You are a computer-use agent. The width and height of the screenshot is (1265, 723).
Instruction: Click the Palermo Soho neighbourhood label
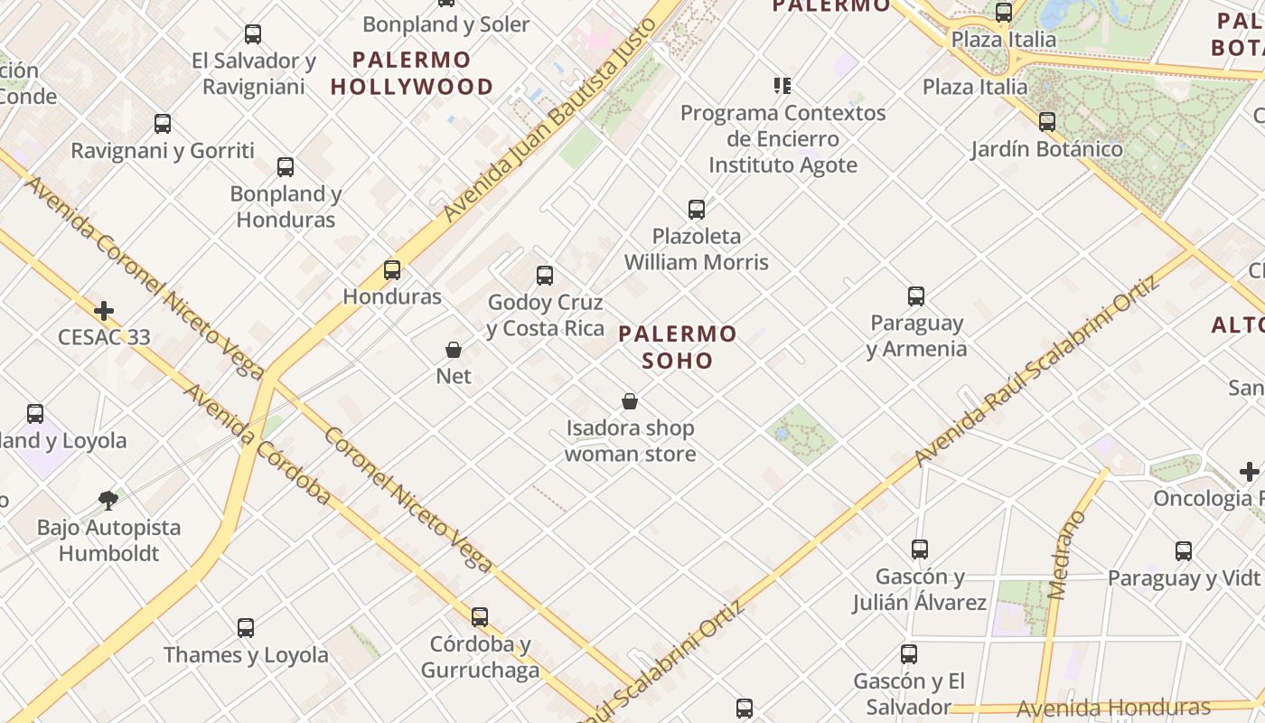click(678, 347)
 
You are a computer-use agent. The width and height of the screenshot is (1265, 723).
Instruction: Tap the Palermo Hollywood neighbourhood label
click(412, 73)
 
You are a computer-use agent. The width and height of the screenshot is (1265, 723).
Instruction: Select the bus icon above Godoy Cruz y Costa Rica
click(544, 276)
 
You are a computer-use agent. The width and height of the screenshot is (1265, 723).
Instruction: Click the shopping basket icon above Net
click(454, 350)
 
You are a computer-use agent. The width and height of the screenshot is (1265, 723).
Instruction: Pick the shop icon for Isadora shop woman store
click(630, 401)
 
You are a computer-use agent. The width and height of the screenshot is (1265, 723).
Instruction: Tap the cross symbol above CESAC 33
click(104, 312)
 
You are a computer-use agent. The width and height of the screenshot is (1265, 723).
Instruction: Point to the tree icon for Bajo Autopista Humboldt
click(108, 500)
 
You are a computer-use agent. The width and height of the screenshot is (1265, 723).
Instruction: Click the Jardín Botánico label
click(1046, 149)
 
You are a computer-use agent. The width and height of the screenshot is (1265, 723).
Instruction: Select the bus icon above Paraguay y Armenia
click(916, 296)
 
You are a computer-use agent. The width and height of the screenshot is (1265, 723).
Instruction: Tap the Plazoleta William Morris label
click(697, 249)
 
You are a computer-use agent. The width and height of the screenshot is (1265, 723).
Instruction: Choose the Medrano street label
click(1067, 555)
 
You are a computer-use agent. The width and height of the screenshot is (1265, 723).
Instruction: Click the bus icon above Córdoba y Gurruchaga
click(480, 617)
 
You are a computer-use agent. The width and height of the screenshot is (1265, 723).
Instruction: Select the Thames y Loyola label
click(246, 655)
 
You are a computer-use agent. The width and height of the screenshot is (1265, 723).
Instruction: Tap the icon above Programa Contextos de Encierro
click(782, 86)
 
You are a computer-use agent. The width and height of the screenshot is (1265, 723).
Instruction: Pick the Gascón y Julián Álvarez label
click(920, 589)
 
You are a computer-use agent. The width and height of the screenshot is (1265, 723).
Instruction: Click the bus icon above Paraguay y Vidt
click(1184, 550)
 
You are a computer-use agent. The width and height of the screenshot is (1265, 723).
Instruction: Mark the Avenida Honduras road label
click(1113, 708)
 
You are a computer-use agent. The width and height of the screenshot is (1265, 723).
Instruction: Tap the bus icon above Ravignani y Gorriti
click(163, 124)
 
